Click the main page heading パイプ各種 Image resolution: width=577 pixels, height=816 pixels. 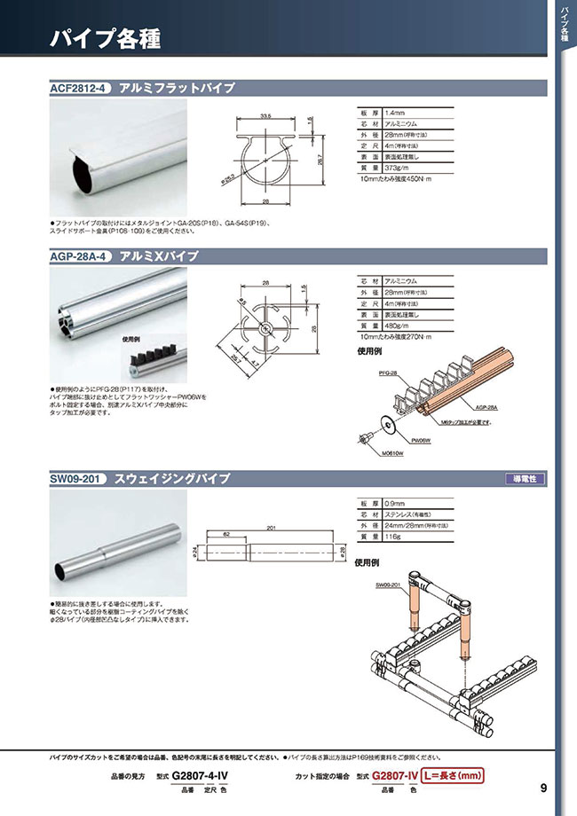click(x=104, y=39)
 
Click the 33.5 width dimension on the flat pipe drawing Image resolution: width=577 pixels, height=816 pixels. click(x=265, y=115)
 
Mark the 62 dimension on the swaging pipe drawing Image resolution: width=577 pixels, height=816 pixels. click(x=227, y=536)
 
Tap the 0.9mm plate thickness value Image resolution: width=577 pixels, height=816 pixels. click(x=396, y=503)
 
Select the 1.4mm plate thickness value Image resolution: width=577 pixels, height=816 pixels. click(x=396, y=112)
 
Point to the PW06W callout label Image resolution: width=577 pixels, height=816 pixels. click(x=420, y=439)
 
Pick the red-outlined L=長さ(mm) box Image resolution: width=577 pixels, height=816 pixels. click(x=452, y=775)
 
